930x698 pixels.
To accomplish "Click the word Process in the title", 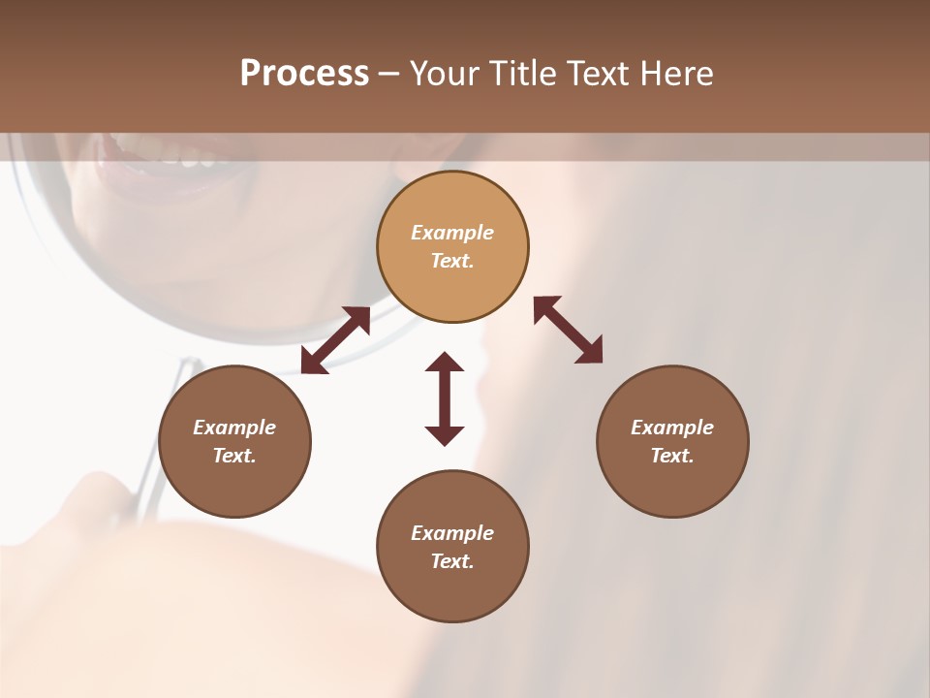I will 304,74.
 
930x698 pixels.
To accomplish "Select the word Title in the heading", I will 524,74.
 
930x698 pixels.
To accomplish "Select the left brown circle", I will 234,485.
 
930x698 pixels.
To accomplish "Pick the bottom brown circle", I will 452,591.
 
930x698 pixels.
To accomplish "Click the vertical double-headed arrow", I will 445,398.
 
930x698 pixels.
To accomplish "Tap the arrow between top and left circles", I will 335,340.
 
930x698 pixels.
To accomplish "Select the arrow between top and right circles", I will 568,330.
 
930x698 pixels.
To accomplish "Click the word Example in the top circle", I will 452,233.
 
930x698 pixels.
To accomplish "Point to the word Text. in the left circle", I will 234,456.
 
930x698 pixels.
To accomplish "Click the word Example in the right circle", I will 672,428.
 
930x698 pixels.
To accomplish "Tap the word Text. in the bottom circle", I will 452,561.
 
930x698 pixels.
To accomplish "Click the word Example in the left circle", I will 234,428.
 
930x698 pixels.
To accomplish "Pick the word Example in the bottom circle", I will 452,533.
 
